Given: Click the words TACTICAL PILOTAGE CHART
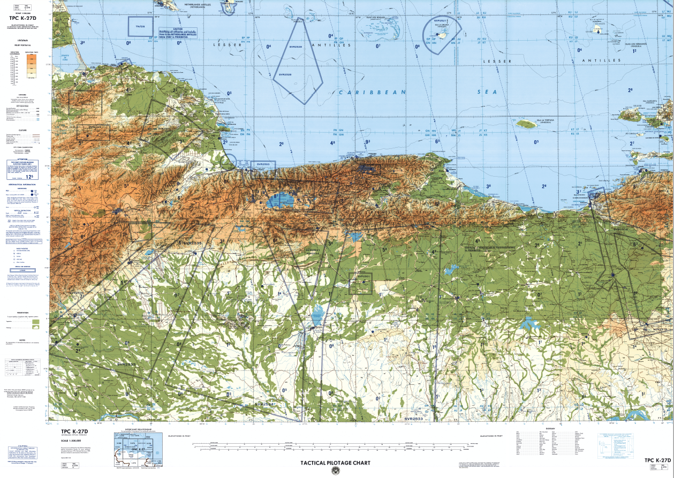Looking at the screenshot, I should (335, 462).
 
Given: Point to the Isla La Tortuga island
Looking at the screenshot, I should (526, 125).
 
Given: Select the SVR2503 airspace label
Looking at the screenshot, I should (263, 164).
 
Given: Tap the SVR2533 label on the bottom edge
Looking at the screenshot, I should (414, 419).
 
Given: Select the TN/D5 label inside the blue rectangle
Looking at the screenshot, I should (140, 26).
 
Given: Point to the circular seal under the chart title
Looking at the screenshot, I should (335, 471).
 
